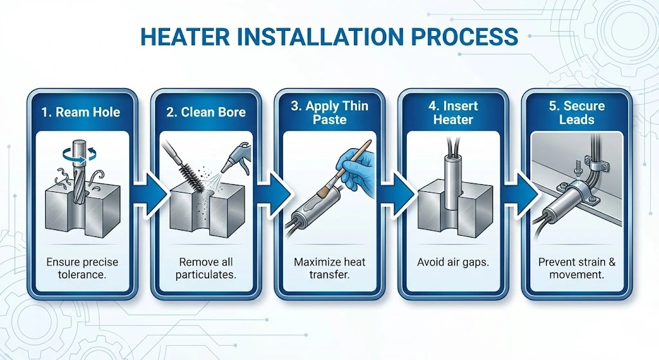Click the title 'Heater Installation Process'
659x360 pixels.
point(329,36)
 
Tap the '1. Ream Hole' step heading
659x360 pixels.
point(81,112)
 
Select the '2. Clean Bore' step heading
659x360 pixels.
point(205,112)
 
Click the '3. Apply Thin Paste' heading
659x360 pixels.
point(329,113)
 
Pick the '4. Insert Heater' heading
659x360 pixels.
point(453,113)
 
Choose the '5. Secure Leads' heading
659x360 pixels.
point(577,113)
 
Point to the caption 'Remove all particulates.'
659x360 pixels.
point(205,269)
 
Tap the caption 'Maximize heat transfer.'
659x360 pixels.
point(329,269)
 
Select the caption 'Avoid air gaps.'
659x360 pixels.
point(453,262)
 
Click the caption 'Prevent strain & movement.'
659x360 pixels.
point(577,269)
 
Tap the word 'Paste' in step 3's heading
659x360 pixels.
point(329,120)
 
